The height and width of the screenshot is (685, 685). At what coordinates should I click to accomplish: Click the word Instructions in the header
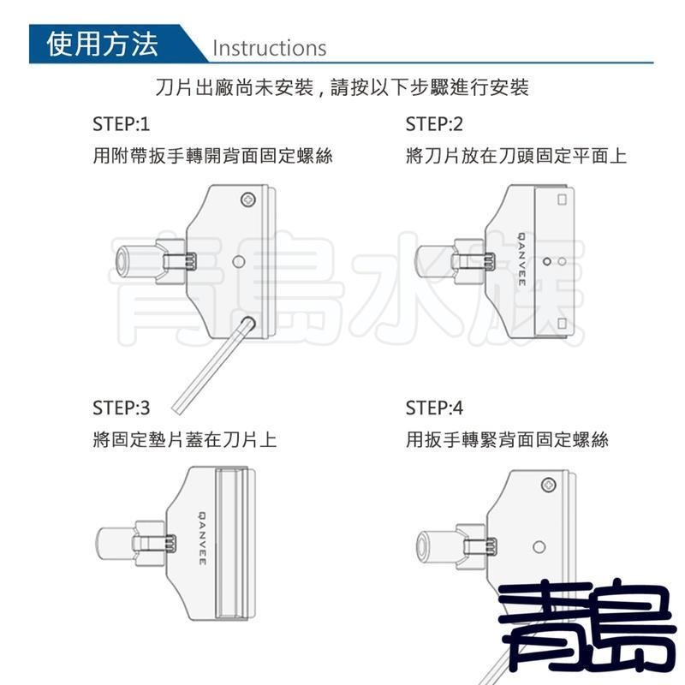coord(269,47)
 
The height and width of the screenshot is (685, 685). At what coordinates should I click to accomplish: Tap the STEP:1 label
coord(121,124)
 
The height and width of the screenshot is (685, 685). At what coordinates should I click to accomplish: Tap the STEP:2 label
coord(434,124)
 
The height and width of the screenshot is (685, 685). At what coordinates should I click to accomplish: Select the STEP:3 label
coord(121,407)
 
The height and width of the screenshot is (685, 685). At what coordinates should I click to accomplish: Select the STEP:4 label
coord(434,407)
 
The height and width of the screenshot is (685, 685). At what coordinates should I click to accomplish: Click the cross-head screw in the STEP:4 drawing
coord(548,485)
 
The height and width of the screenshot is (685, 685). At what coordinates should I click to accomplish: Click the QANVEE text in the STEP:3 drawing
coord(202,539)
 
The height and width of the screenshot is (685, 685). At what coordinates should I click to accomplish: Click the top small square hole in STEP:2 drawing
coord(562,200)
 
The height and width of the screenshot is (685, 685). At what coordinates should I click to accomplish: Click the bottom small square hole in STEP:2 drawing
coord(562,322)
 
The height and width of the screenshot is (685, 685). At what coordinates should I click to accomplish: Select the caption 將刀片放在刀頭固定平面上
coord(515,157)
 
